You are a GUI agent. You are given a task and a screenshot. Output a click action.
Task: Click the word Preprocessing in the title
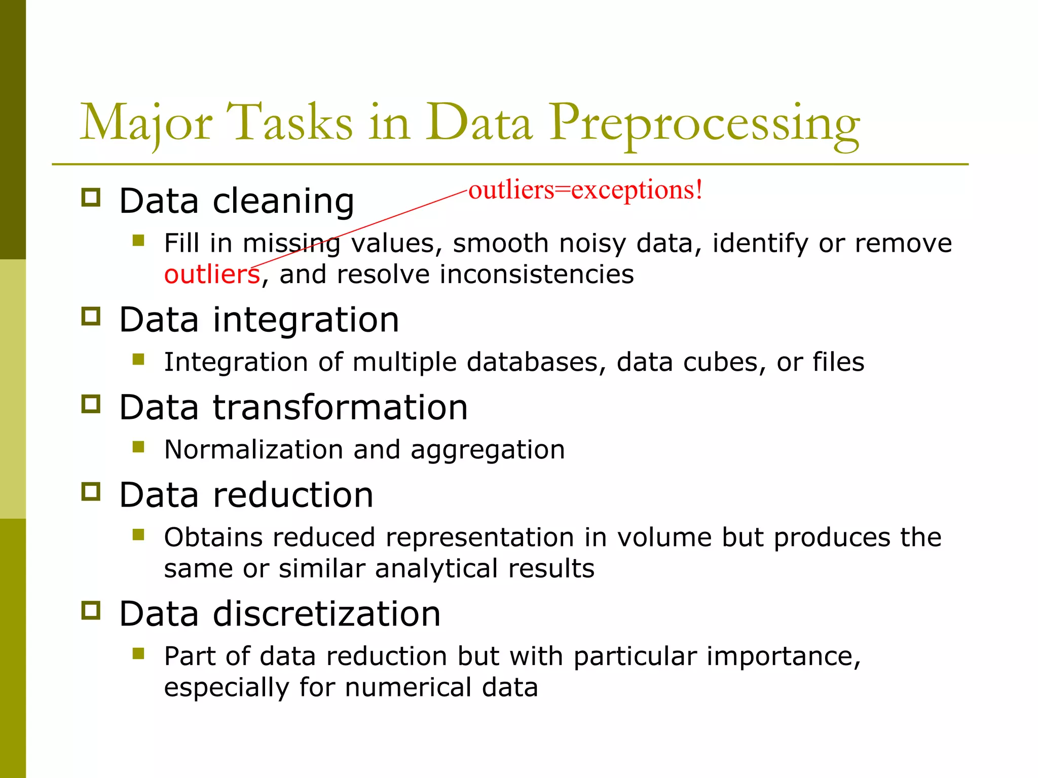(705, 124)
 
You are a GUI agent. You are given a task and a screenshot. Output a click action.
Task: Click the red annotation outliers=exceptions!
(585, 190)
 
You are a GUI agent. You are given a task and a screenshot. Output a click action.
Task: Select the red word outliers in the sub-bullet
(212, 275)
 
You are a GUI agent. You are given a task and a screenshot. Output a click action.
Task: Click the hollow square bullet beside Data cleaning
(91, 198)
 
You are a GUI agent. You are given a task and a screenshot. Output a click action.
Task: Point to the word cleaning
(283, 201)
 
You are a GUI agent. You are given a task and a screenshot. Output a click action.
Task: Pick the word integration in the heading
(306, 320)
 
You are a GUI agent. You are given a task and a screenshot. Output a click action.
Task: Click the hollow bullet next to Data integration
(91, 317)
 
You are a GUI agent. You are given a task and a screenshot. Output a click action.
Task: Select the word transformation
(340, 407)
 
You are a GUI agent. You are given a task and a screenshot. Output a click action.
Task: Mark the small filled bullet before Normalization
(138, 447)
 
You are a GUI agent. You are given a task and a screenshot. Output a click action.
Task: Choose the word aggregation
(488, 450)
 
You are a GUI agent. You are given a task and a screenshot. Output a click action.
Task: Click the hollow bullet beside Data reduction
(91, 491)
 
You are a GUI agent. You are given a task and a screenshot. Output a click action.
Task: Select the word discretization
(326, 614)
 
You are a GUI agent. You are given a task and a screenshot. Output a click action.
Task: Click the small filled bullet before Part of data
(138, 653)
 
